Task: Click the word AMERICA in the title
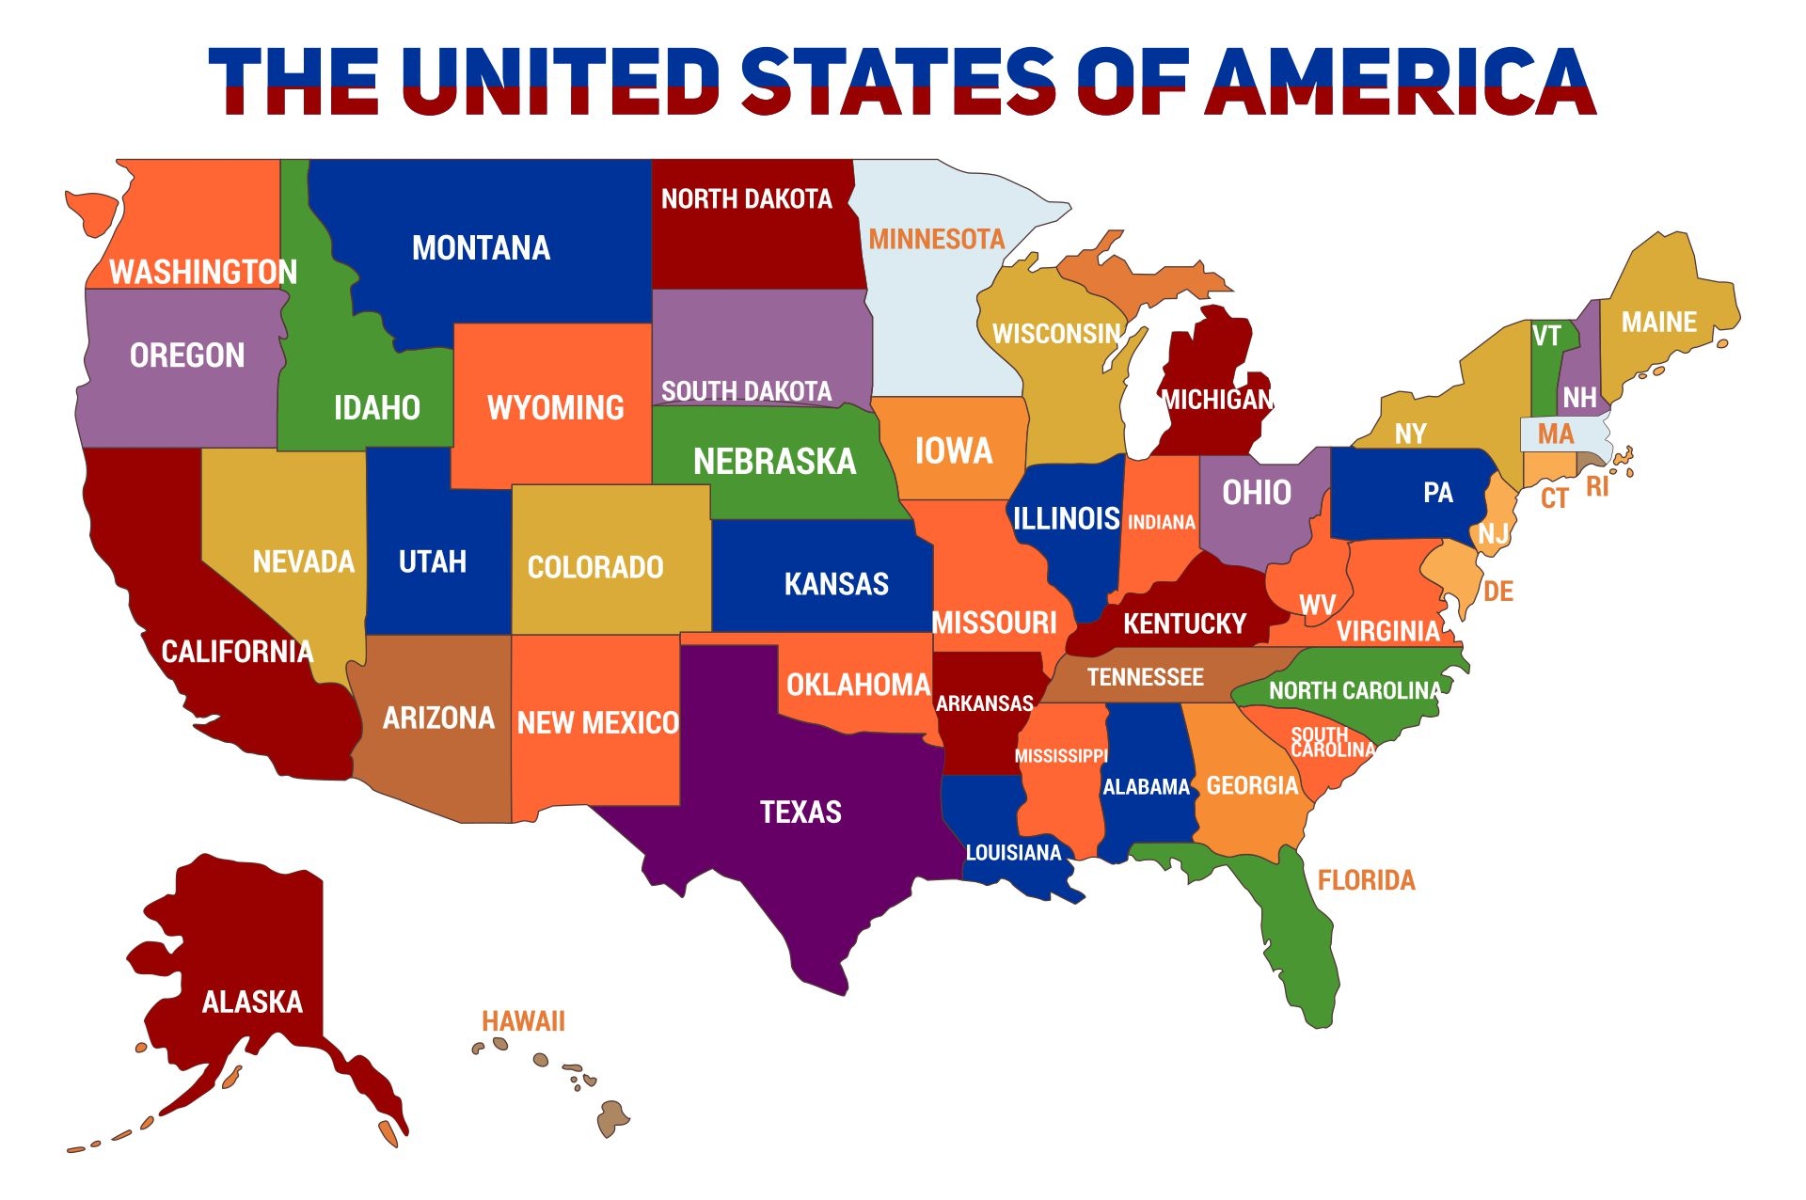(x=1401, y=82)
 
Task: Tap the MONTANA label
(x=481, y=248)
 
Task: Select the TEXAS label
(x=800, y=813)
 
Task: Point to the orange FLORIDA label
(x=1366, y=880)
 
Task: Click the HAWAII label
(x=523, y=1021)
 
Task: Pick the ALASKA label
(x=252, y=1003)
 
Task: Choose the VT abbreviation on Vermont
(x=1546, y=336)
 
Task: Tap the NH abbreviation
(x=1579, y=398)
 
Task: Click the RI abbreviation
(x=1597, y=487)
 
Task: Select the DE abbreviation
(x=1498, y=592)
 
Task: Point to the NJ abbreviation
(x=1493, y=534)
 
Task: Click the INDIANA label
(x=1162, y=523)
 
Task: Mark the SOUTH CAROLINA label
(x=1332, y=742)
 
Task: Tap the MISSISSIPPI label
(x=1061, y=756)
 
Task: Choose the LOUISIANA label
(x=1013, y=853)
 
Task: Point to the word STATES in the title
(x=898, y=82)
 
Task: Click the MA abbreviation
(x=1556, y=434)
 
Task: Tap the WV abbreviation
(x=1317, y=605)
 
